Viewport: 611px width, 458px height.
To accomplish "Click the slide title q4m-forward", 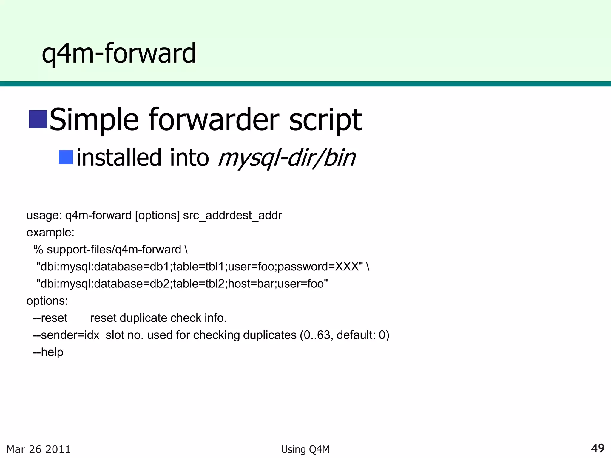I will point(119,54).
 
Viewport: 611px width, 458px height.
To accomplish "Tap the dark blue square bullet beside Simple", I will point(38,119).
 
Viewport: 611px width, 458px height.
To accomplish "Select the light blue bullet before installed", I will point(66,157).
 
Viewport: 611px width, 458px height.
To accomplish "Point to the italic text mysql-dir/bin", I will point(287,158).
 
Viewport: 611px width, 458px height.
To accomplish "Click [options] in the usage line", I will point(157,215).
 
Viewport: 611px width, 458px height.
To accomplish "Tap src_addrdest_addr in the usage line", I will point(232,215).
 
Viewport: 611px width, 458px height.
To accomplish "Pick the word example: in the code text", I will point(50,232).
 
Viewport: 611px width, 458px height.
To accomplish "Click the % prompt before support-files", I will point(38,250).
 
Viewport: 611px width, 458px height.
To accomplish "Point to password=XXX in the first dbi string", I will point(318,267).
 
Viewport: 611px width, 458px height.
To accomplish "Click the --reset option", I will point(50,318).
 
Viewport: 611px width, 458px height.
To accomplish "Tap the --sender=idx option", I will point(66,335).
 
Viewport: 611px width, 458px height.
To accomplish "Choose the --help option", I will point(48,352).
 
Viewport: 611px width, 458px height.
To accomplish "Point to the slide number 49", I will point(598,448).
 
